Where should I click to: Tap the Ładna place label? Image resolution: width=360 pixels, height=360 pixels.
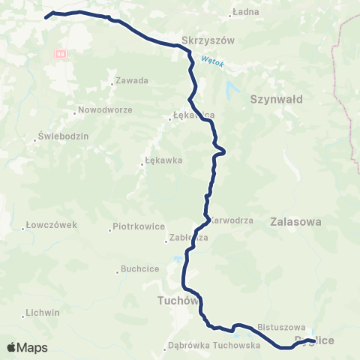[245, 13]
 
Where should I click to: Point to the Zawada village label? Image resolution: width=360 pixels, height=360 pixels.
[132, 81]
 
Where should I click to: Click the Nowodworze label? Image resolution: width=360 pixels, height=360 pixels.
[105, 111]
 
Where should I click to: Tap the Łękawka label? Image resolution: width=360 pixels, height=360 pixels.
[163, 160]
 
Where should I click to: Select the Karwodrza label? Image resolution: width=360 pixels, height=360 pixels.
[231, 221]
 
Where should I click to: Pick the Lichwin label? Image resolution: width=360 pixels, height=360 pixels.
[43, 312]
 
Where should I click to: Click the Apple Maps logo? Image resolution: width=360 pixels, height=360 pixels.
[27, 347]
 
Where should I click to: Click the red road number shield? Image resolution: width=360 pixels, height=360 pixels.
[60, 54]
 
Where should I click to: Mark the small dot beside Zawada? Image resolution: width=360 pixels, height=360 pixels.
[112, 81]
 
